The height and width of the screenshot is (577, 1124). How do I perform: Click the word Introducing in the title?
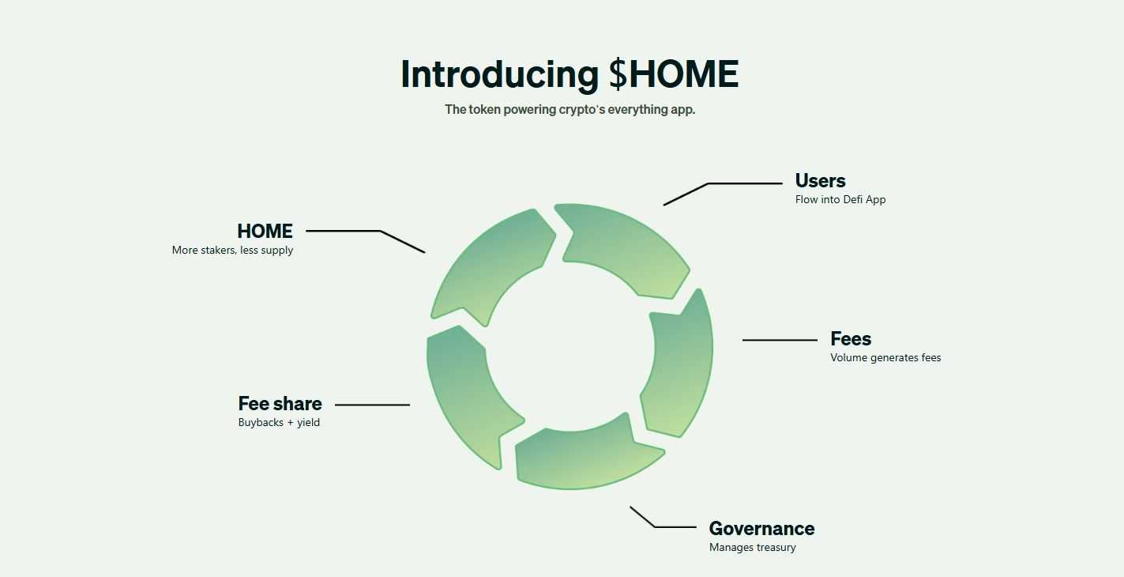pyautogui.click(x=499, y=74)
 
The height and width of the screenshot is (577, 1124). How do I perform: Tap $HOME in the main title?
pyautogui.click(x=674, y=74)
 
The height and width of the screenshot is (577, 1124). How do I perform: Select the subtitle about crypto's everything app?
pyautogui.click(x=570, y=110)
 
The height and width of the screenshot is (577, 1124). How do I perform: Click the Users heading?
pyautogui.click(x=820, y=181)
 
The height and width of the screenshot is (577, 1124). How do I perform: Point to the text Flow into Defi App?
pyautogui.click(x=840, y=200)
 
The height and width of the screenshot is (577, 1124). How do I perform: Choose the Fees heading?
pyautogui.click(x=851, y=339)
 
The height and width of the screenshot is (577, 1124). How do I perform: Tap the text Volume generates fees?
pyautogui.click(x=885, y=358)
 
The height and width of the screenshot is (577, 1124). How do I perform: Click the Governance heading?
pyautogui.click(x=761, y=529)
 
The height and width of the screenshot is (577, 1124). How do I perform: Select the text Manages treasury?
pyautogui.click(x=752, y=548)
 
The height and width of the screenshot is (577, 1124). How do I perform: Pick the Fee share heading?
pyautogui.click(x=280, y=404)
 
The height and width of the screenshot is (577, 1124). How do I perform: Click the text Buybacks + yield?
pyautogui.click(x=279, y=423)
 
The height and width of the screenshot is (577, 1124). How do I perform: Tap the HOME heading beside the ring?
pyautogui.click(x=265, y=232)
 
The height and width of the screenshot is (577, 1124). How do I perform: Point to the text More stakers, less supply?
pyautogui.click(x=232, y=251)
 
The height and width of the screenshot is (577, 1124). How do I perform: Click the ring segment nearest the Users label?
pyautogui.click(x=624, y=245)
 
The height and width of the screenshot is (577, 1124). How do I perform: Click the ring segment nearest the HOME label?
pyautogui.click(x=490, y=261)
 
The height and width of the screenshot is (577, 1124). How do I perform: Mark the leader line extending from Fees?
pyautogui.click(x=780, y=340)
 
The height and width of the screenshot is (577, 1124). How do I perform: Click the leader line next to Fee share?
pyautogui.click(x=372, y=405)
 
